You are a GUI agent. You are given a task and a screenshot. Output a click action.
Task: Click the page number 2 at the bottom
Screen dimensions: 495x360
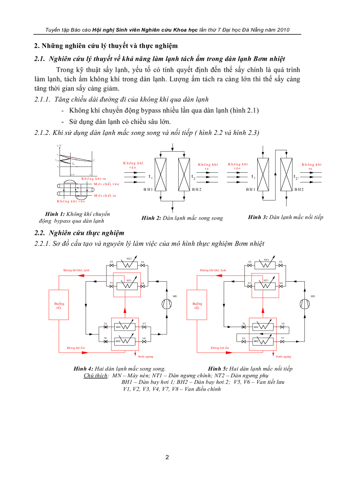tap(167, 457)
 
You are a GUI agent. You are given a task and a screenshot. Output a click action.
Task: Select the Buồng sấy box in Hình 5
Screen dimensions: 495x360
tap(197, 305)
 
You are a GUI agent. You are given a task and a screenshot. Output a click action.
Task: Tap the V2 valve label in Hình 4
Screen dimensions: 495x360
tap(112, 262)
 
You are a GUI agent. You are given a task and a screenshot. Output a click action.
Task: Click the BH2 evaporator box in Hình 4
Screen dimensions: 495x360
tap(125, 341)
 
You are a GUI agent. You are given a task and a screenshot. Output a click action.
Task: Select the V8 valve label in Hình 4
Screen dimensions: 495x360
tap(144, 338)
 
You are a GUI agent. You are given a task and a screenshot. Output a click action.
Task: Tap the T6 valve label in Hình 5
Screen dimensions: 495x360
tap(244, 338)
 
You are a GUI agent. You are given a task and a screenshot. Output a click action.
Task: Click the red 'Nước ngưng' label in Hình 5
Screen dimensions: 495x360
tap(284, 356)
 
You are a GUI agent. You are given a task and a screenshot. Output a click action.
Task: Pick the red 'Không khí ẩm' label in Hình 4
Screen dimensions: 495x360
tap(76, 348)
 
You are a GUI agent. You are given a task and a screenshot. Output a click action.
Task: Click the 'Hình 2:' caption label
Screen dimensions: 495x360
tap(151, 218)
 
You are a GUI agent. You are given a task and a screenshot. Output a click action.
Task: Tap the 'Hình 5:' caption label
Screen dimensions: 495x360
tap(217, 368)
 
